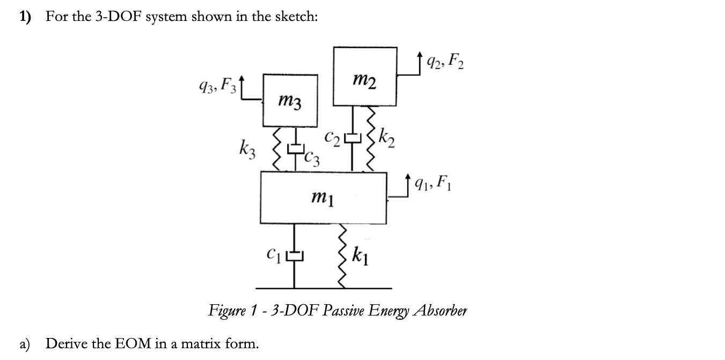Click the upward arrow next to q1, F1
coord(409,181)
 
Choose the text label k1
coord(360,256)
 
